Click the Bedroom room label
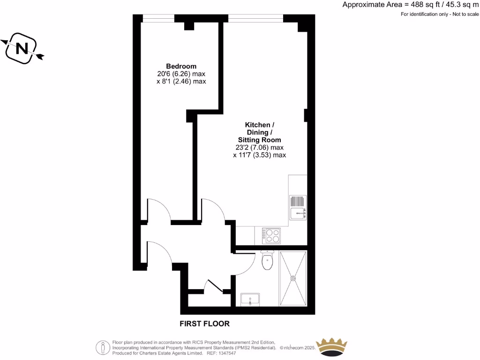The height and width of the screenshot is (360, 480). pos(181,66)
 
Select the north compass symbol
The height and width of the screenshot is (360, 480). pos(22,48)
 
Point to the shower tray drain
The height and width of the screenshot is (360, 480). pos(293,278)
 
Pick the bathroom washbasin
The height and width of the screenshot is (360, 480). pos(250,300)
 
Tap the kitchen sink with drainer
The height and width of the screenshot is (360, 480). pos(298,207)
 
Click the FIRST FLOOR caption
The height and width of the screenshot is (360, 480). pos(205,323)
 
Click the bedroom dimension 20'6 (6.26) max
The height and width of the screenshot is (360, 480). pos(181,74)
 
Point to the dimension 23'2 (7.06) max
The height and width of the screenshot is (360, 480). pos(259,147)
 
